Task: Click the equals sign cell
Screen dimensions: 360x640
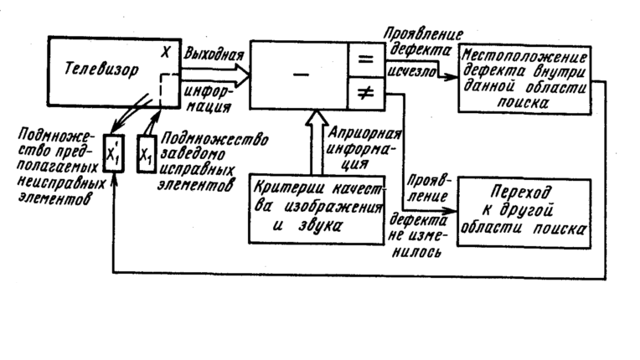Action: (365, 60)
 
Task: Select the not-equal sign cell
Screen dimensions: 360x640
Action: (365, 95)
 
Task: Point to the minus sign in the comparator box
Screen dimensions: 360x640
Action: (298, 75)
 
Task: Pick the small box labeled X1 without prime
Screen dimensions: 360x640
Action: (147, 154)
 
